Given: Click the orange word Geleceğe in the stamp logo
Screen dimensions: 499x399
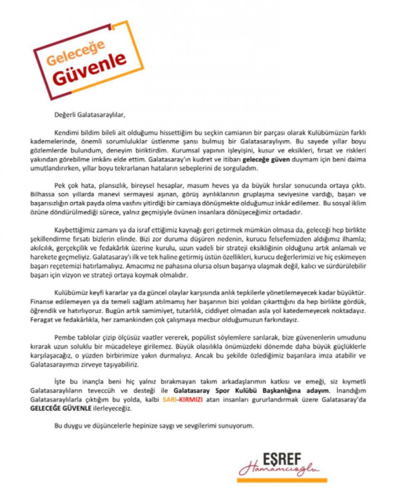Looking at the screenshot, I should pos(76,52).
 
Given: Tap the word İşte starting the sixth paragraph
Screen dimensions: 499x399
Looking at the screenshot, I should pos(60,381).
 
